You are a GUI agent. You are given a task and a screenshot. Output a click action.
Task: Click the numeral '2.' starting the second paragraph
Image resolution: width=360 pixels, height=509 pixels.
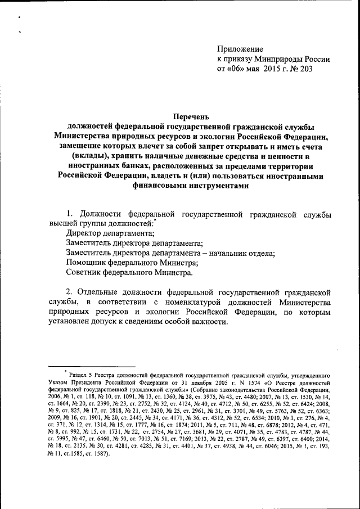(70, 292)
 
